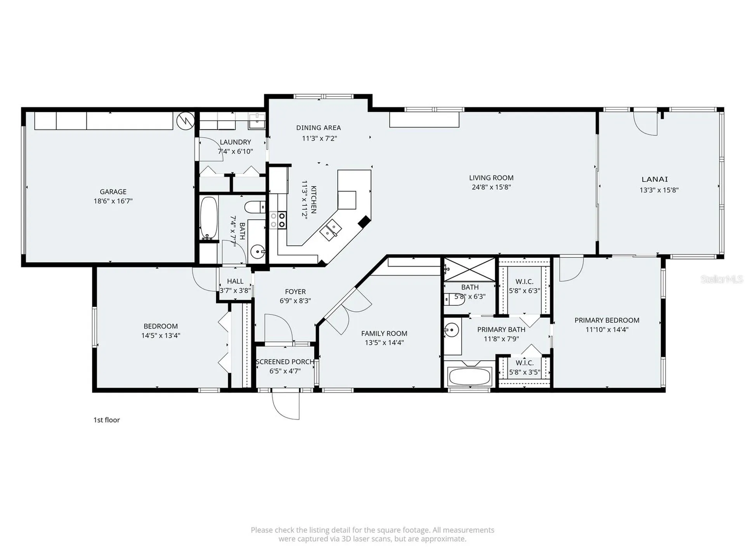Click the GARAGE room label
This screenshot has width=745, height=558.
point(113,191)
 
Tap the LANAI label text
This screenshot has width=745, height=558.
point(655,179)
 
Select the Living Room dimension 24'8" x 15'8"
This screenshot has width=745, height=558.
point(491,187)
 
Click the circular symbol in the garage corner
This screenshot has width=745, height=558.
point(185,121)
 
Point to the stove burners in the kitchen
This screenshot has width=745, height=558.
point(278,220)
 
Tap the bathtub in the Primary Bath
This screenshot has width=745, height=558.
point(469,376)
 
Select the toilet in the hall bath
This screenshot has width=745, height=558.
point(255,207)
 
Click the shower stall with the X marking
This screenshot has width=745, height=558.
point(470,269)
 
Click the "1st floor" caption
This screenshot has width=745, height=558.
point(106,420)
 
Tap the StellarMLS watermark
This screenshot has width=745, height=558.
point(721,279)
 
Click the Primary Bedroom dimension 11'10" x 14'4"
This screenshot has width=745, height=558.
point(607,330)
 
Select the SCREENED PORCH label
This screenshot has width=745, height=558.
point(285,362)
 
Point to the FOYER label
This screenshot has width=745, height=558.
point(295,291)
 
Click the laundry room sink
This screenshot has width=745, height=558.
point(256,121)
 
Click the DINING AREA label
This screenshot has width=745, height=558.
point(319,127)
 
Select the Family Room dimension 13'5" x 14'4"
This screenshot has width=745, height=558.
point(384,343)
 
